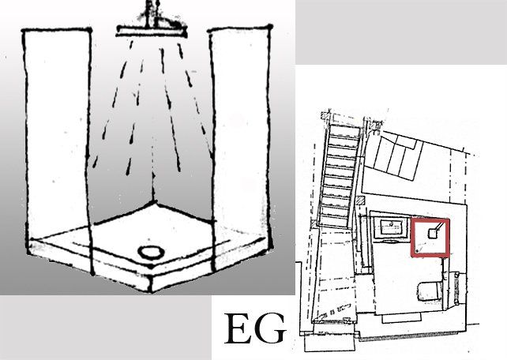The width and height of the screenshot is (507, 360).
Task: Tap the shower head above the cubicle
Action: pos(152,31)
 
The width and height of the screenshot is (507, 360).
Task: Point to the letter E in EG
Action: pos(239,328)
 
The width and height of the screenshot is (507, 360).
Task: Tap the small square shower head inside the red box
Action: pos(432,233)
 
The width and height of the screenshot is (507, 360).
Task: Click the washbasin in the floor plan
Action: pos(391,227)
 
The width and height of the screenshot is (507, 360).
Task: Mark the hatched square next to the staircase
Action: pos(361,200)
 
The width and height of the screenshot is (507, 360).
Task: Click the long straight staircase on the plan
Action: pos(339,176)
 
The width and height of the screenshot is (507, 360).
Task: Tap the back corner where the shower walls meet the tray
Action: pos(154,202)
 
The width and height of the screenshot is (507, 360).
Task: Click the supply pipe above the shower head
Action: pos(152,13)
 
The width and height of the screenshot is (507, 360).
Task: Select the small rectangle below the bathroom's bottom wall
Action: pos(401,318)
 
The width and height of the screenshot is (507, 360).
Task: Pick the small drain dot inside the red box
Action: pos(418,251)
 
